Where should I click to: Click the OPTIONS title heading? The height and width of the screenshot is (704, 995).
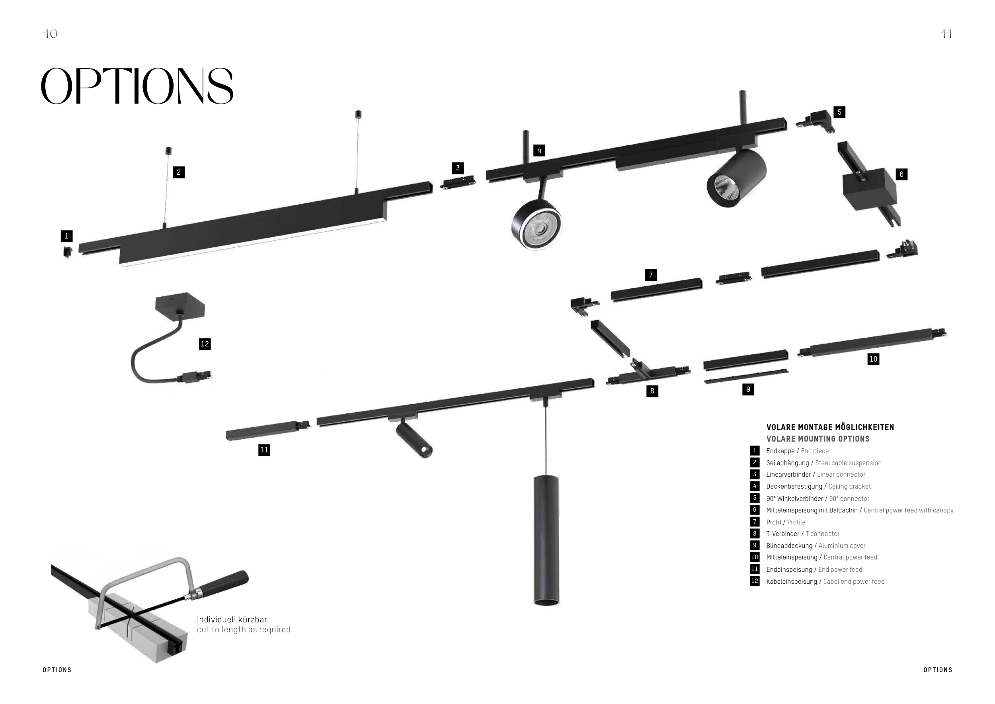137,86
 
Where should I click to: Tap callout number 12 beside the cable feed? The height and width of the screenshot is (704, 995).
205,344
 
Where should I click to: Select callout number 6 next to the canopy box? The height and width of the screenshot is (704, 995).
901,175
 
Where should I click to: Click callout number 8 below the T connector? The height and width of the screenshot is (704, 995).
652,391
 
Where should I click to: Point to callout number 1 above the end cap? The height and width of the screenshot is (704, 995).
66,236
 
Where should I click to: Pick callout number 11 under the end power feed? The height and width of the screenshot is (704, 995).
264,450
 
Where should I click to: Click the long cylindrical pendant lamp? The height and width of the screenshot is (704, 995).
546,540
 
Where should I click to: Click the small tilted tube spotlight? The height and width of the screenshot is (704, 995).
414,440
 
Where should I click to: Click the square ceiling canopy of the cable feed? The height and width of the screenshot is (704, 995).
180,304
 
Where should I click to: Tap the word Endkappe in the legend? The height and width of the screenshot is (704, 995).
780,451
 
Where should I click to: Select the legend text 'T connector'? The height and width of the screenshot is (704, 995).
822,534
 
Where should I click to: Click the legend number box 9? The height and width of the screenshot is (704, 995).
755,546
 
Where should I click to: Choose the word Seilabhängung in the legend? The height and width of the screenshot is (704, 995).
787,463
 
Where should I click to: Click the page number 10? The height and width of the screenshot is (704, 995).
50,34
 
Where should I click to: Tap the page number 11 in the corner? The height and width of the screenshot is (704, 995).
946,34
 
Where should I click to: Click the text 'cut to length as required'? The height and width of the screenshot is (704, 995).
244,630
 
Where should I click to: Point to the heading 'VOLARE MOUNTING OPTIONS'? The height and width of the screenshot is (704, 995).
818,439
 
